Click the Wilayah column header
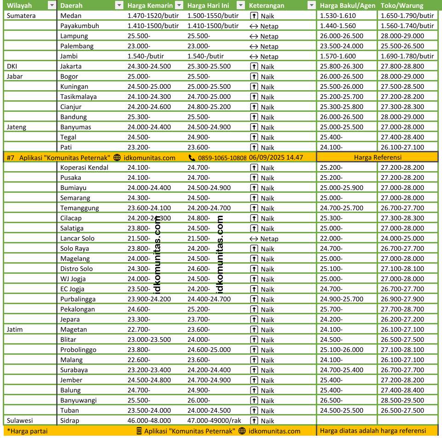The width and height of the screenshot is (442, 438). click(19, 6)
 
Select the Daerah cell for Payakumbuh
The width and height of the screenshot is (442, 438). click(79, 26)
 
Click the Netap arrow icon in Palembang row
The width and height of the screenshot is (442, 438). click(254, 46)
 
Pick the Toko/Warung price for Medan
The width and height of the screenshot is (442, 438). click(407, 16)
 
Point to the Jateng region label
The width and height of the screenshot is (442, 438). click(17, 127)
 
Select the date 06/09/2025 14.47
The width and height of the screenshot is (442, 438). click(276, 157)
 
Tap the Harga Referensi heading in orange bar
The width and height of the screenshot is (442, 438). click(378, 157)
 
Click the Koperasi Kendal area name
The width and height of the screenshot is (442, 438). click(84, 167)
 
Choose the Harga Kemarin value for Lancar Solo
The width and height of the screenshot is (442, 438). click(139, 238)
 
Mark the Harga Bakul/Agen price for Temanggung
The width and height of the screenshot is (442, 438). click(341, 208)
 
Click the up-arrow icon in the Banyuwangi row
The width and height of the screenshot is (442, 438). click(254, 400)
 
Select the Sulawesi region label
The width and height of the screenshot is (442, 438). click(20, 421)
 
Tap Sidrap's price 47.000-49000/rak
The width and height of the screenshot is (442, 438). click(214, 421)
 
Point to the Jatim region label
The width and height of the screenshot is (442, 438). click(15, 329)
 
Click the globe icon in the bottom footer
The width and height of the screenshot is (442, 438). click(242, 431)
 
